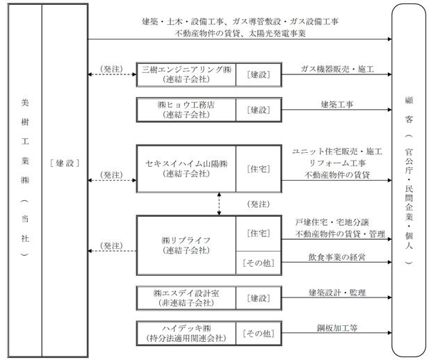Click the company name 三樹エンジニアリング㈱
(x=186, y=69)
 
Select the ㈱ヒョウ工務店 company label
(x=186, y=105)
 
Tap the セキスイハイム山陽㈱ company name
(x=186, y=164)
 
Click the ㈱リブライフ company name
(x=186, y=240)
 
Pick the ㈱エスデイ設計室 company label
(x=186, y=293)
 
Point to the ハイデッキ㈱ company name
(x=186, y=329)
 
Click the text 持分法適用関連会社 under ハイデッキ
(x=186, y=338)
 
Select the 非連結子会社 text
(x=186, y=303)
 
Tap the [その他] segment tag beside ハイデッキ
(x=259, y=334)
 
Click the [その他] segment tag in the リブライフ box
(x=259, y=263)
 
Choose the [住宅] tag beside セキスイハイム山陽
(x=259, y=169)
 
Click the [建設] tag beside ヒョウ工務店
(x=259, y=110)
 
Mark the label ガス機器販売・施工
(x=337, y=69)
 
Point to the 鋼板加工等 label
(x=337, y=328)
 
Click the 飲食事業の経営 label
(x=337, y=257)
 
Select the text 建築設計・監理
(x=337, y=293)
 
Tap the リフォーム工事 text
(x=337, y=163)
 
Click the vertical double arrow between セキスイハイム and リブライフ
(x=219, y=204)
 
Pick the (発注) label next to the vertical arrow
(x=259, y=204)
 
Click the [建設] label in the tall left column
(x=65, y=163)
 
